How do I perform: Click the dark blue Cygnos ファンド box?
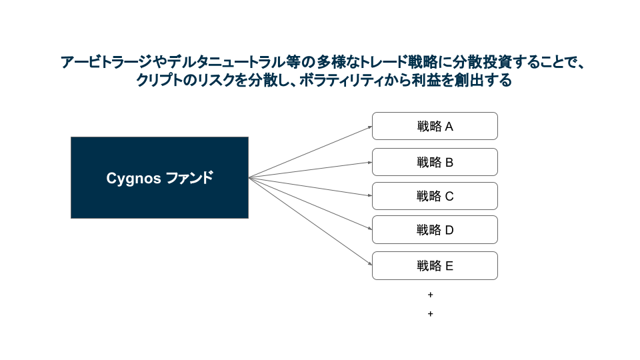coord(159,177)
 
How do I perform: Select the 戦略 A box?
coord(435,126)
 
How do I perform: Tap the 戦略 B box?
coord(435,162)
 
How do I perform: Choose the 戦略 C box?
coord(435,196)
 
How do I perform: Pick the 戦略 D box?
coord(435,230)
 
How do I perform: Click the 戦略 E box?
coord(435,265)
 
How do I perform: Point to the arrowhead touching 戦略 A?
coord(369,126)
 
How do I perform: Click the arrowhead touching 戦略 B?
coord(369,162)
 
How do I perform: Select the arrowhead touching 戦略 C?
coord(369,195)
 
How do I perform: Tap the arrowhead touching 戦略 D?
coord(369,229)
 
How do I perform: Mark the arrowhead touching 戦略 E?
coord(369,264)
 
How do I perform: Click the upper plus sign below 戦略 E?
coord(430,294)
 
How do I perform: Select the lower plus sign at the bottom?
coord(430,313)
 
